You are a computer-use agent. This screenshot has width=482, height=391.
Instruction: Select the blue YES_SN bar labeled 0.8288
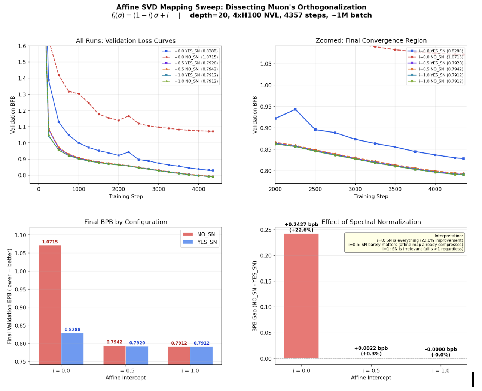click(72, 348)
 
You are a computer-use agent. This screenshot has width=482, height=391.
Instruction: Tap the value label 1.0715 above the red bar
click(50, 242)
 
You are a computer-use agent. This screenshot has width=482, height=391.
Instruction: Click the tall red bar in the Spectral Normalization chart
click(301, 296)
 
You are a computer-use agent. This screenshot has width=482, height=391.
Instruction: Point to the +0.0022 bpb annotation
click(371, 348)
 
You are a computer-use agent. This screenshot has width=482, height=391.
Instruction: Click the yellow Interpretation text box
click(404, 242)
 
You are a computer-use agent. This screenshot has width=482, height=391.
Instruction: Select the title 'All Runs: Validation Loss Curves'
click(125, 41)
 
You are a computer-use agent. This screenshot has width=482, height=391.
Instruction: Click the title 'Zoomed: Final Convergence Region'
click(371, 41)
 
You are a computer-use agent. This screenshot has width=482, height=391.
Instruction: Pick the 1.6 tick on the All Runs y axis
click(22, 46)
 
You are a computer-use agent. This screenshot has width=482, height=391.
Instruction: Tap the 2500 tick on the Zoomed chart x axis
click(315, 189)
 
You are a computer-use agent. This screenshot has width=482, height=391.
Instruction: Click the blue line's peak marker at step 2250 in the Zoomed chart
click(295, 109)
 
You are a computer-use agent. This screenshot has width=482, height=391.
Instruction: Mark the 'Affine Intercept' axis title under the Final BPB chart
click(125, 378)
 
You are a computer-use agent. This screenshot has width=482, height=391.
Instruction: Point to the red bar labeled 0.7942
click(114, 355)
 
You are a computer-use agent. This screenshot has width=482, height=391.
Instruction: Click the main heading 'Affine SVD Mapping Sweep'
click(241, 7)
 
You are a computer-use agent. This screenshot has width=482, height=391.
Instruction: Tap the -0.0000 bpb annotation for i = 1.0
click(441, 349)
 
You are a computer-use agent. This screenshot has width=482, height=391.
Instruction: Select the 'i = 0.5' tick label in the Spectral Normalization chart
click(371, 370)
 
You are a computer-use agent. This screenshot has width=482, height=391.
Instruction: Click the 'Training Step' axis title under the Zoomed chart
click(371, 196)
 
